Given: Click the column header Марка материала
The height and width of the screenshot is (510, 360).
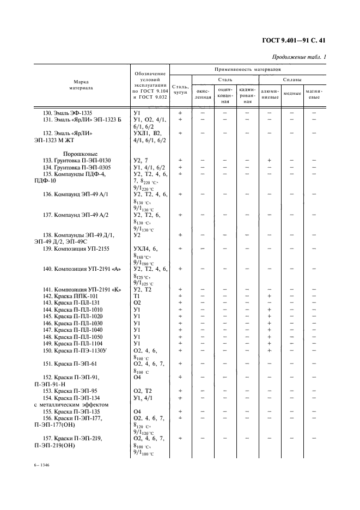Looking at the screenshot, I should [81, 84].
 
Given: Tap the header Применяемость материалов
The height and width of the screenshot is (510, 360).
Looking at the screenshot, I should [247, 70].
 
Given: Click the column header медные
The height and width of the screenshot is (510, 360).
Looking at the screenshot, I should [292, 93].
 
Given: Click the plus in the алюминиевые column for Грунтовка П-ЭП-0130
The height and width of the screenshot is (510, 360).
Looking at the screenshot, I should [270, 160].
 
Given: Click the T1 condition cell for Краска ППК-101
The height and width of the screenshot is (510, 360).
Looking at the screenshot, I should [137, 296].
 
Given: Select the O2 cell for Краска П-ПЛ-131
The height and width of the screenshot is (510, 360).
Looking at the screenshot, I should [137, 302].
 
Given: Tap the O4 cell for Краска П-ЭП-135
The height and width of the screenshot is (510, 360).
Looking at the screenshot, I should [137, 411].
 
